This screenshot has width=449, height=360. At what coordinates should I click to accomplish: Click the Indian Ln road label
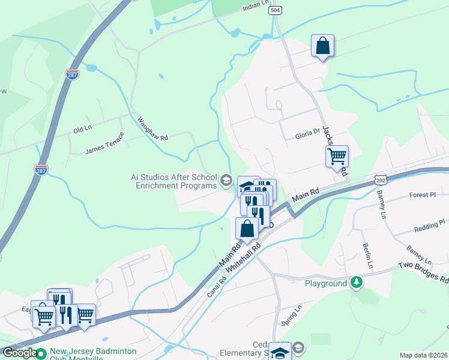(256, 4)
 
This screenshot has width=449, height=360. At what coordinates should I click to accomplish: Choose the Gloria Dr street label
(309, 136)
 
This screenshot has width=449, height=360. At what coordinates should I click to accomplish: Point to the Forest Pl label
(423, 195)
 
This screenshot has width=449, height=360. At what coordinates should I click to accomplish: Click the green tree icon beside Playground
(357, 283)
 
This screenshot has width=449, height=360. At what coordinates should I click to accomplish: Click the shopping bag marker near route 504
(322, 46)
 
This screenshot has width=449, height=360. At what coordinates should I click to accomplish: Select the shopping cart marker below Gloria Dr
(337, 156)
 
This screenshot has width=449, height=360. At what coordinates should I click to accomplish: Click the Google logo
(20, 353)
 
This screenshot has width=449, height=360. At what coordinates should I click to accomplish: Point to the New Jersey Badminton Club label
(93, 355)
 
